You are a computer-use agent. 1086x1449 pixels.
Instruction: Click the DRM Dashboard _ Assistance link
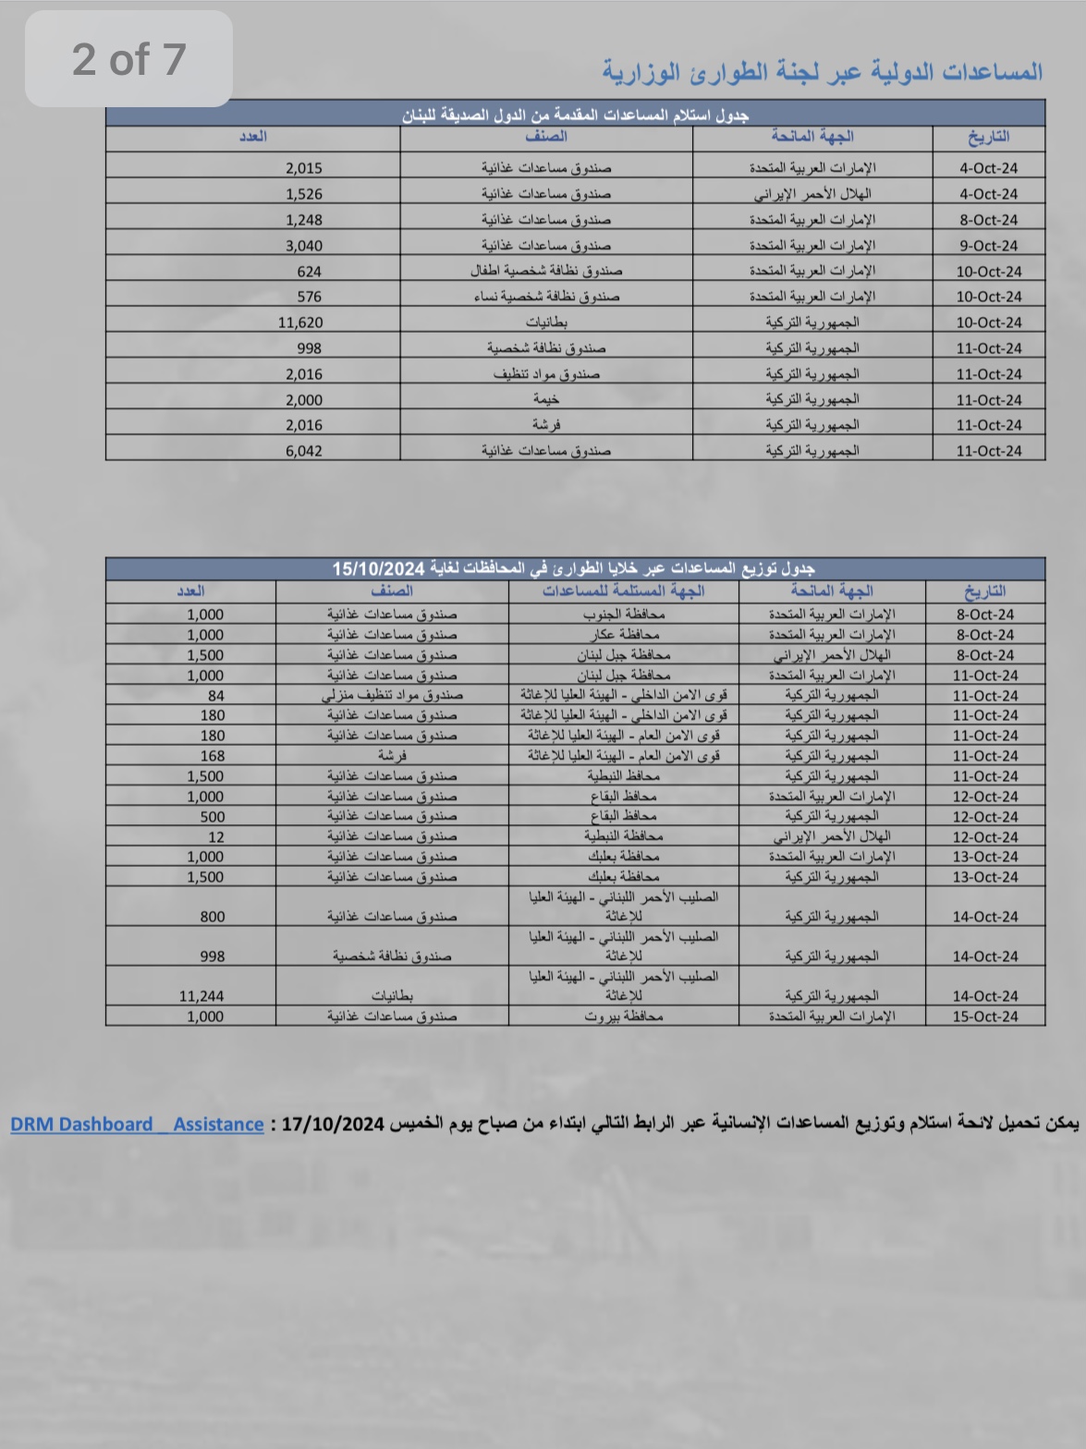click(x=137, y=1125)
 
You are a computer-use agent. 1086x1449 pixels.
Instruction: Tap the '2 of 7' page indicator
click(x=128, y=59)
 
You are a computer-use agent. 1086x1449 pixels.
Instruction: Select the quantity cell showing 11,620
click(x=300, y=323)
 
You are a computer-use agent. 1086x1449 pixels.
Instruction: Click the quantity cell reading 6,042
click(x=304, y=451)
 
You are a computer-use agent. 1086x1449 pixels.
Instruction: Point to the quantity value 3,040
click(x=304, y=246)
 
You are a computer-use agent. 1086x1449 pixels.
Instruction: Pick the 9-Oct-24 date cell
click(x=988, y=246)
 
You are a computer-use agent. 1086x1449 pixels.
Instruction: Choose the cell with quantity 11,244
click(x=201, y=996)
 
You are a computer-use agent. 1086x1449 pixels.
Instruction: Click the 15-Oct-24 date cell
click(x=985, y=1017)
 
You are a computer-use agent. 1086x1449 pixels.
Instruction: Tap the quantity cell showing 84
click(x=215, y=696)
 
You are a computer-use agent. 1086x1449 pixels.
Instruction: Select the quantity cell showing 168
click(x=213, y=756)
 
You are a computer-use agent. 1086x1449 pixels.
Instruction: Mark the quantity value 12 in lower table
click(x=216, y=837)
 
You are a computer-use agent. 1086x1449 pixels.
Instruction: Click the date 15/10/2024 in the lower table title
click(x=378, y=568)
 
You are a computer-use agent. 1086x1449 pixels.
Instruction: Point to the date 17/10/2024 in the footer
click(x=332, y=1125)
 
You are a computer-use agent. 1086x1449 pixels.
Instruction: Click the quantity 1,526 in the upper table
click(x=304, y=194)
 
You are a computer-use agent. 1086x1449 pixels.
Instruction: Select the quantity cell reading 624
click(x=310, y=272)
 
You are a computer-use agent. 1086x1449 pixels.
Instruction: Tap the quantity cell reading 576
click(x=310, y=297)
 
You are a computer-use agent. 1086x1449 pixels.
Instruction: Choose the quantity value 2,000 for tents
click(x=304, y=400)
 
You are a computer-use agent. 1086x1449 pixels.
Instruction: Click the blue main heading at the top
click(x=823, y=72)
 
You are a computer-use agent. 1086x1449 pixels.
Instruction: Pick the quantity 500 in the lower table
click(x=213, y=817)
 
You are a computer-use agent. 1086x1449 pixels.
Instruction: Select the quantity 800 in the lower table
click(x=213, y=917)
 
